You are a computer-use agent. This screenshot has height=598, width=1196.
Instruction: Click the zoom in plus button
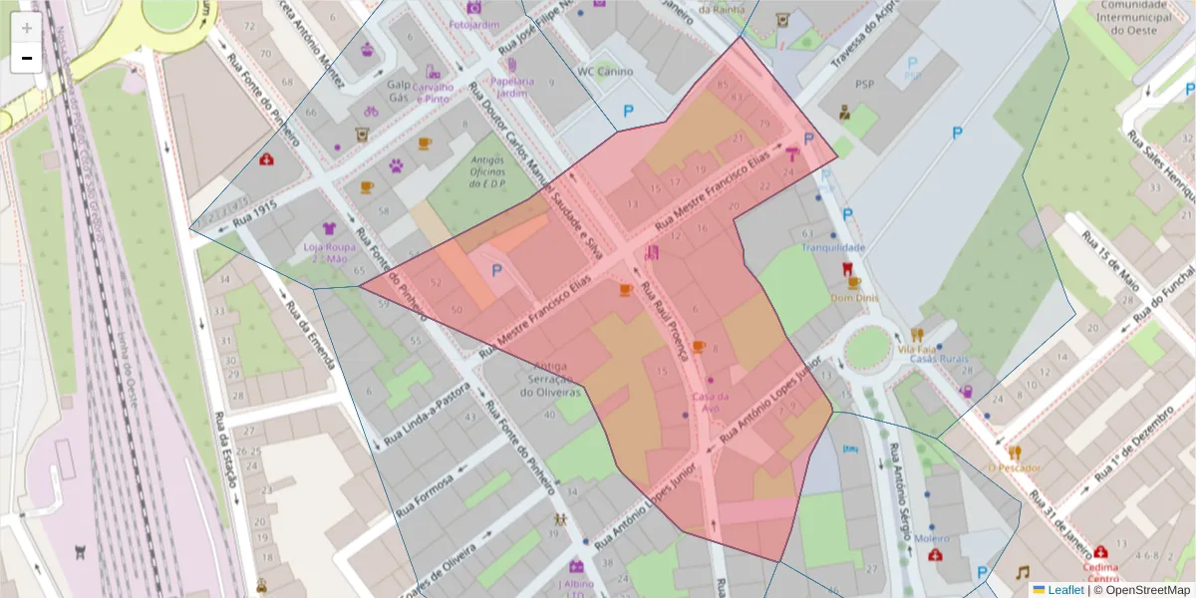coord(26,28)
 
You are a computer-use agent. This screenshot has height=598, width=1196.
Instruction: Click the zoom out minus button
coord(26,58)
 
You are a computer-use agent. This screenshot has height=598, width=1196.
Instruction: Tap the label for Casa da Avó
coord(711,402)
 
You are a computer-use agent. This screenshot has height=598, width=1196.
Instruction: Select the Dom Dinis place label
coord(853,297)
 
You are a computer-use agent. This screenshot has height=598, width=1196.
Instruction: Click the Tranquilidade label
coord(833,247)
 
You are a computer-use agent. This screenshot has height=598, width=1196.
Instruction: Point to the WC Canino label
coord(606,71)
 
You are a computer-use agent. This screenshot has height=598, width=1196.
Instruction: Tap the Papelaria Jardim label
coord(511,87)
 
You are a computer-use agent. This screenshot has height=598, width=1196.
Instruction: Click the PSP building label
coord(864,84)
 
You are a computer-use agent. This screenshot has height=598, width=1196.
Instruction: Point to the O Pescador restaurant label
coord(1015,467)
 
